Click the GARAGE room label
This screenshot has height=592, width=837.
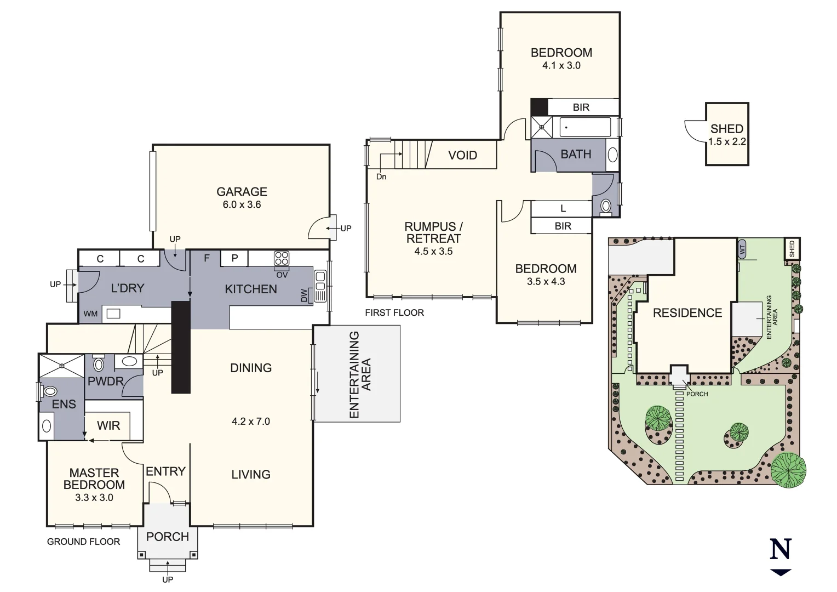click(242, 192)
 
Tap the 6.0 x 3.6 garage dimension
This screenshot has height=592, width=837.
click(242, 205)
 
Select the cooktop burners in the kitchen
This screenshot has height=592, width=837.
click(282, 258)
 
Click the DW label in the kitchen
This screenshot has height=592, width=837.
click(305, 296)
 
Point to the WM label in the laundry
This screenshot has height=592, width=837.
click(90, 314)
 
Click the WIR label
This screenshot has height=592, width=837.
click(108, 426)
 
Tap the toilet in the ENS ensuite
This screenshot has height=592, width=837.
click(50, 391)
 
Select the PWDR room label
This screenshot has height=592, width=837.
click(105, 381)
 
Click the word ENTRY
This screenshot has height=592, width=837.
click(165, 471)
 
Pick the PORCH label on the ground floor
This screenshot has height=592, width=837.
click(168, 537)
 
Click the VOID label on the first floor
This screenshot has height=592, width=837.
click(462, 156)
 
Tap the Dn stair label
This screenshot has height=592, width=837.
click(381, 177)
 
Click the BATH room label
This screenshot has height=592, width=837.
click(576, 155)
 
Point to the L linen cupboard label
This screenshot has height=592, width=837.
click(563, 209)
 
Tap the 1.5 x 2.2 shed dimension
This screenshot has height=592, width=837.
click(727, 142)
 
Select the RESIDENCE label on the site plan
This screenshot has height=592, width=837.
click(687, 313)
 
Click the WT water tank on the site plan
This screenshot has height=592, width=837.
click(743, 248)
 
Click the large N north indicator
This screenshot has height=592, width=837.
click(781, 550)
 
